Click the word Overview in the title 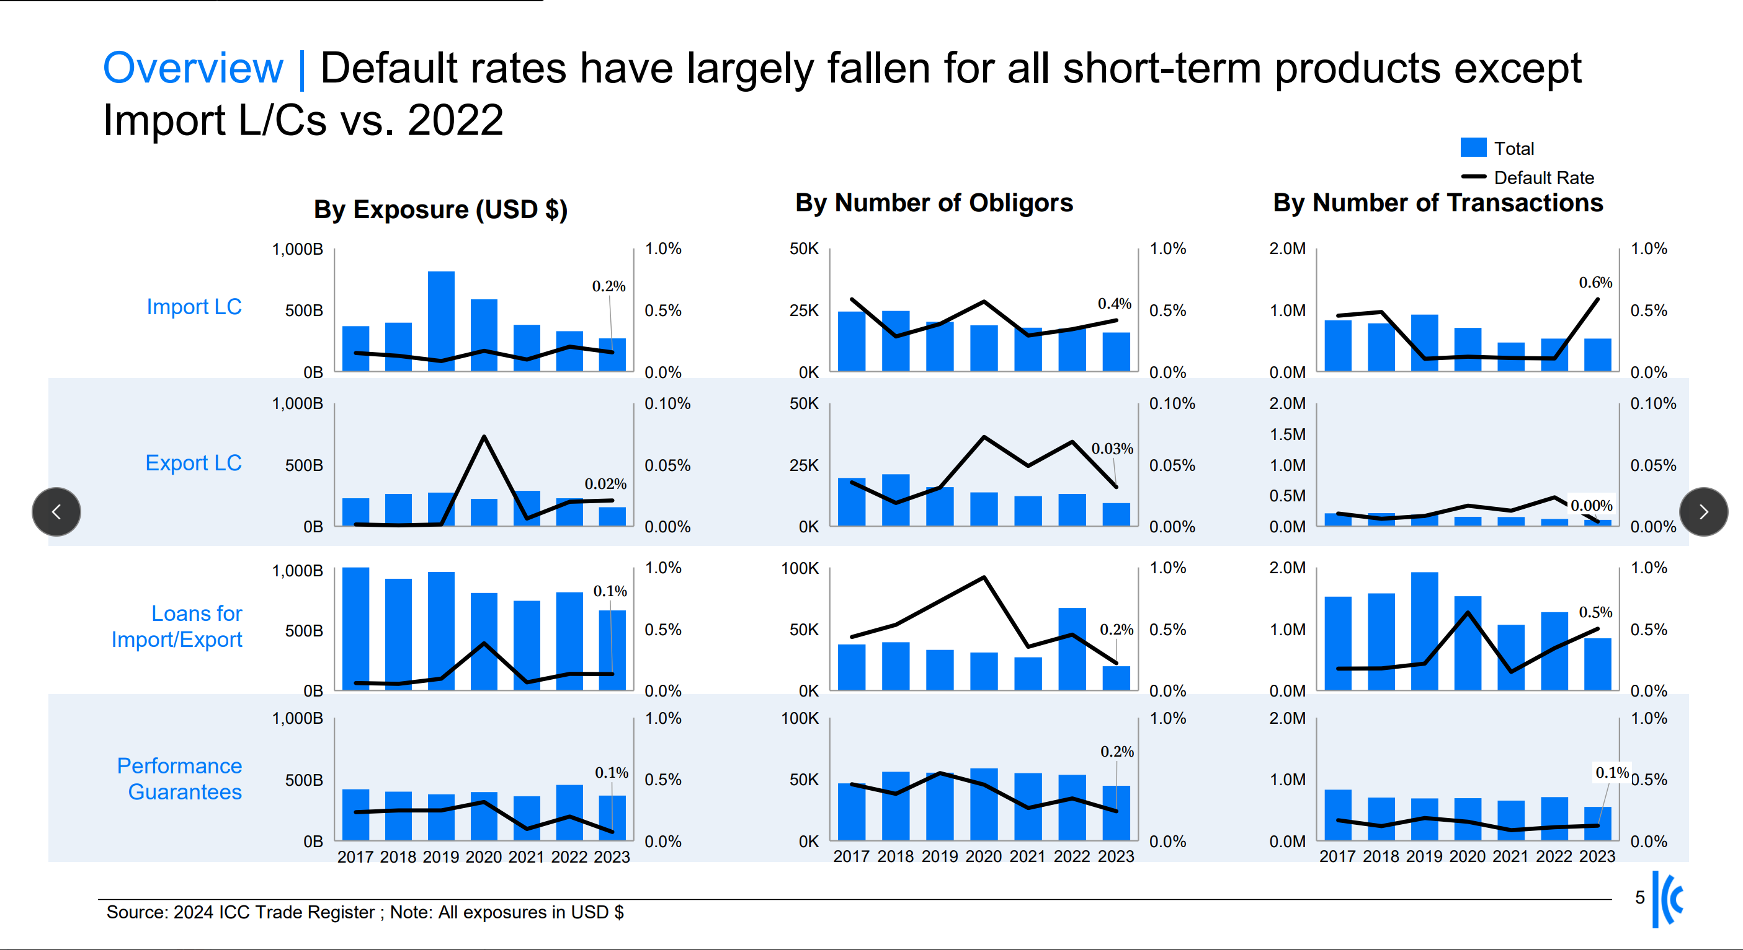tap(193, 68)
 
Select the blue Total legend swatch tap(1473, 147)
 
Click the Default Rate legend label tap(1543, 178)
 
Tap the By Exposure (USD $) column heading tap(440, 209)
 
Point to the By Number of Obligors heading tap(934, 203)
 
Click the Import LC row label tap(194, 307)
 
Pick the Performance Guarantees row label tap(179, 778)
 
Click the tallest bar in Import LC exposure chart tap(441, 321)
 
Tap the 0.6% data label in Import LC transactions tap(1595, 283)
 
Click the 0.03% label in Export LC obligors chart tap(1112, 448)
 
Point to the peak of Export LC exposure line tap(484, 437)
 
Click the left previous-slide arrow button tap(56, 512)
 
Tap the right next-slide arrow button tap(1703, 512)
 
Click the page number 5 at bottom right tap(1639, 897)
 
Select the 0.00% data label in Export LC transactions tap(1591, 505)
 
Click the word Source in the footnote tap(136, 912)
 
